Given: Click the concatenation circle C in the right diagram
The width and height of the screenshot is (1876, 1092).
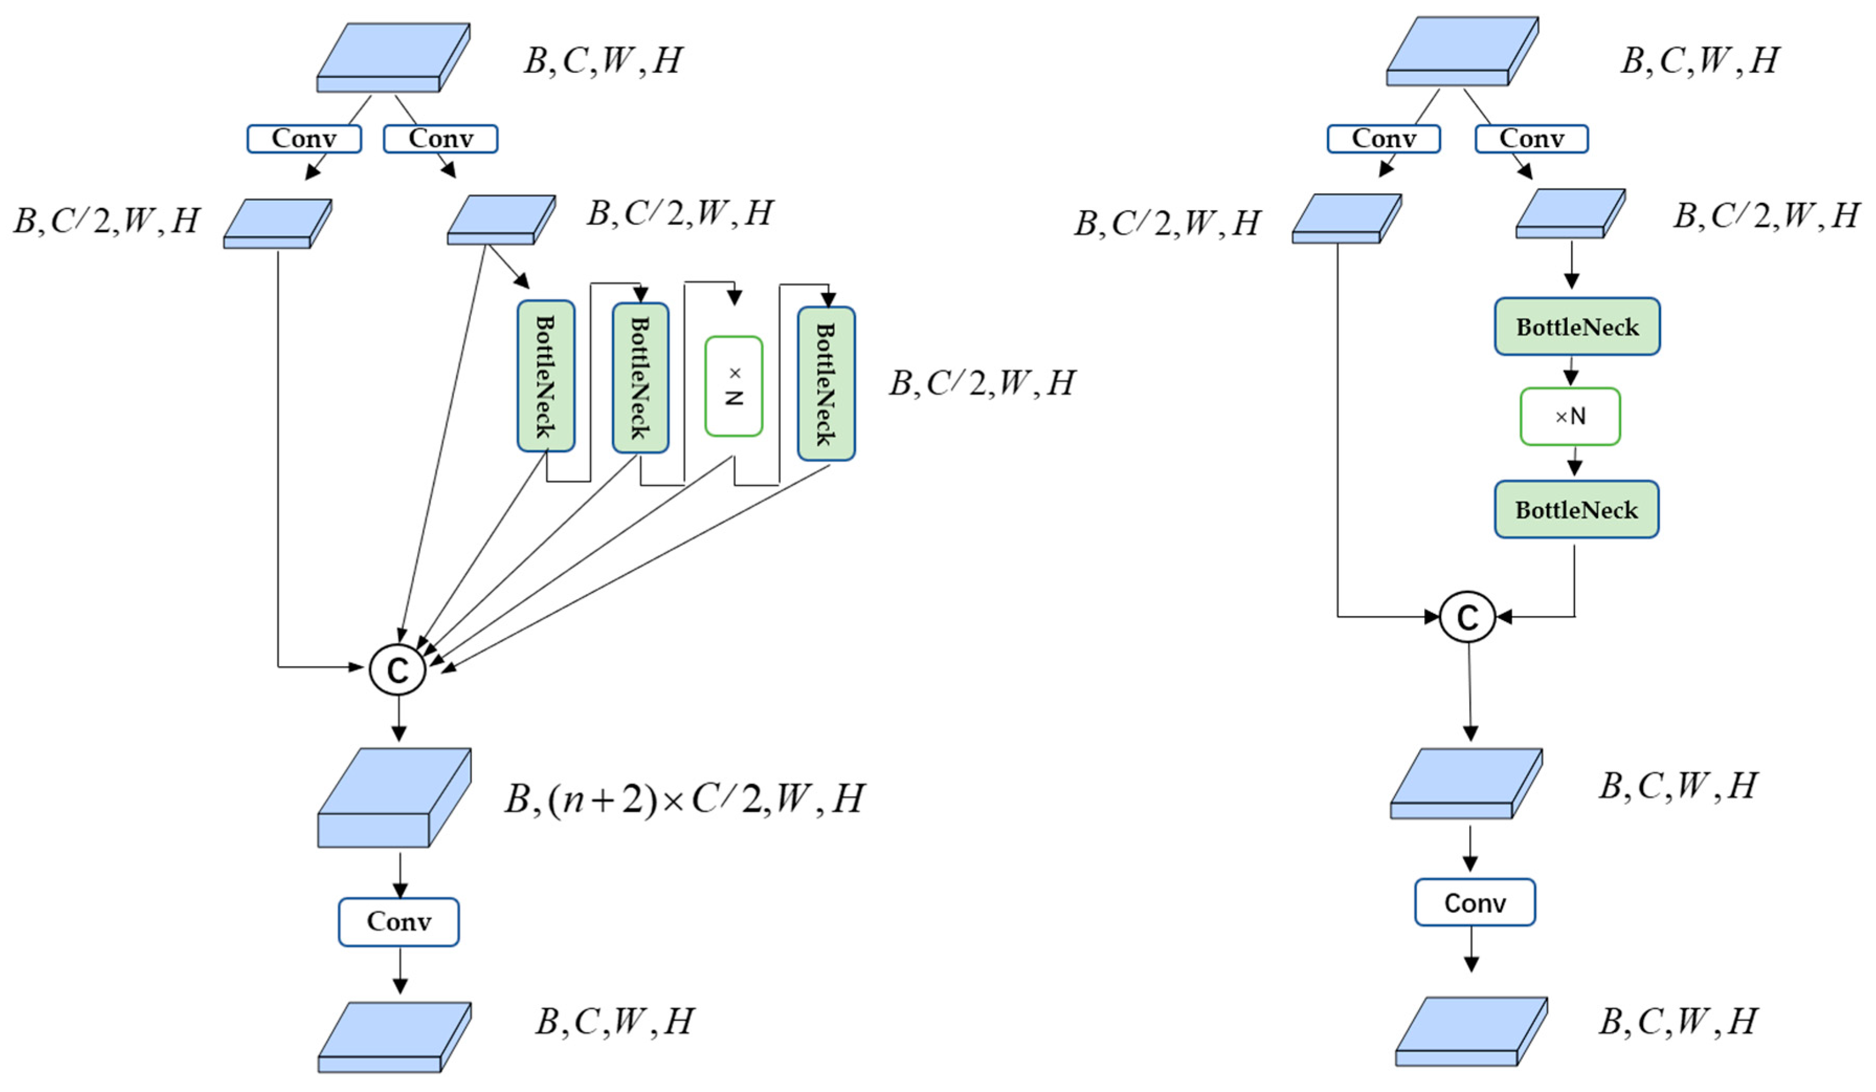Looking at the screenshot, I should (1467, 617).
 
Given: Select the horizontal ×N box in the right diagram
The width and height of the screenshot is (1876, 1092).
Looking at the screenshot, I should (1570, 416).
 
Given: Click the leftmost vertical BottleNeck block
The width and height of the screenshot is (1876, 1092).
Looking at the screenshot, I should (546, 376).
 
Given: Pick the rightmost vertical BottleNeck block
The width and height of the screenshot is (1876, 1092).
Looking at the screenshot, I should (826, 383).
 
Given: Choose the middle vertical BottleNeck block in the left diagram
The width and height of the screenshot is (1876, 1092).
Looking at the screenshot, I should (640, 378).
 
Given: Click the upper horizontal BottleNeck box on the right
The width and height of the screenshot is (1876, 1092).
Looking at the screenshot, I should (1577, 327).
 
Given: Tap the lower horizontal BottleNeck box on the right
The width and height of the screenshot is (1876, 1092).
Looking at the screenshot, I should (1576, 510).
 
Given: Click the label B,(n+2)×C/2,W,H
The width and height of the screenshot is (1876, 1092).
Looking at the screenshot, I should (683, 799).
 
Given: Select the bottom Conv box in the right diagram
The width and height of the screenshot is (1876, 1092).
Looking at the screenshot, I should (1474, 903).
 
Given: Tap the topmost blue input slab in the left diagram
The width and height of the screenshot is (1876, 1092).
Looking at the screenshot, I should (392, 58).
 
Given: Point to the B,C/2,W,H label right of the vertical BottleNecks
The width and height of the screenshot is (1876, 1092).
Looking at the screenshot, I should (981, 383).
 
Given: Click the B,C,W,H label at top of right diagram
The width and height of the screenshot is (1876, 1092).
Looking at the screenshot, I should (1700, 60).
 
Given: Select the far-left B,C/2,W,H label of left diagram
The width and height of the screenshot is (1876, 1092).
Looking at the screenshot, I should (106, 221).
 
